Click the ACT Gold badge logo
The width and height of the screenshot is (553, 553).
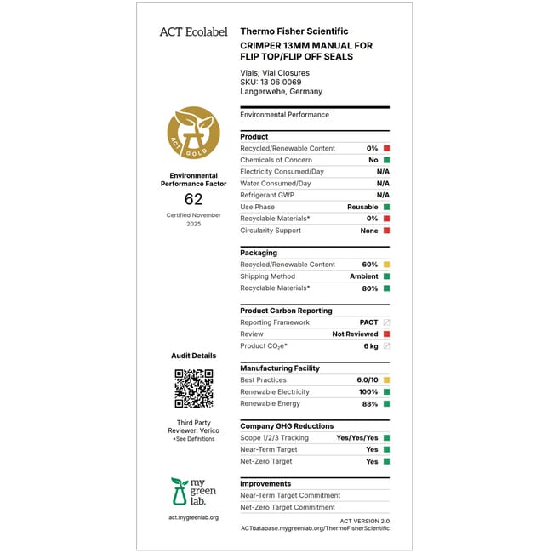coord(193,134)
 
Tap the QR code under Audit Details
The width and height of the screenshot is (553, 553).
coord(193,388)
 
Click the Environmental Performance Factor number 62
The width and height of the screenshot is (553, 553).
coord(194,199)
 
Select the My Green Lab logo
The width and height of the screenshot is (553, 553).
coord(193,492)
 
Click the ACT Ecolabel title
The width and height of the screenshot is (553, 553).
coord(193,32)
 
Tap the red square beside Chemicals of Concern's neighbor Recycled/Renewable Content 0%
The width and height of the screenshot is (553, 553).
coord(386,148)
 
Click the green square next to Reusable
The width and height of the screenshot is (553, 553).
coord(386,207)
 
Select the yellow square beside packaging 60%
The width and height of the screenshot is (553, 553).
coord(386,265)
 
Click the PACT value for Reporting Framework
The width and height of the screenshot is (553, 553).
coord(368,322)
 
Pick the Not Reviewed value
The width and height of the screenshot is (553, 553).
coord(355,334)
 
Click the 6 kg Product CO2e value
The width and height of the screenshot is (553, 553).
coord(371,346)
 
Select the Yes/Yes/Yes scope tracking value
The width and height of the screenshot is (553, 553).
coord(358,438)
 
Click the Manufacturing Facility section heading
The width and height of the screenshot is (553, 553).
coord(280,368)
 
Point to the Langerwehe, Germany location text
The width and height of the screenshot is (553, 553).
coord(282,92)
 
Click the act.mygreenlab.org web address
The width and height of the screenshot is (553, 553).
coord(193,517)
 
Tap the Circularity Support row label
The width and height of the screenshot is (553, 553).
coord(271,231)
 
